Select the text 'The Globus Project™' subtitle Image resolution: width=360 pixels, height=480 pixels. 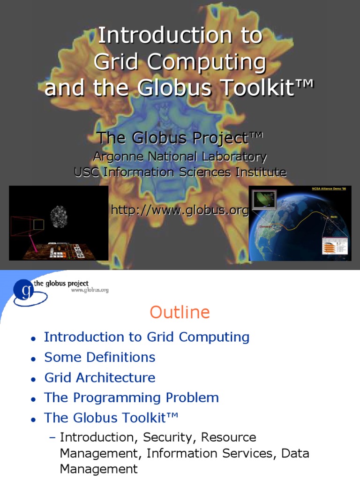coord(180,138)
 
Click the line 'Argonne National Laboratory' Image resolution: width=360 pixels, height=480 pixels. coord(180,157)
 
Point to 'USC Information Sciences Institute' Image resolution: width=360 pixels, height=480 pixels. coord(180,172)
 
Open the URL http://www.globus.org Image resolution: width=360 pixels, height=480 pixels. coord(180,210)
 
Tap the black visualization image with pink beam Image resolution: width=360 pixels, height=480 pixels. coord(59,223)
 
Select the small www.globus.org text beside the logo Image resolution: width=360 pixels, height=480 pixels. coord(90,290)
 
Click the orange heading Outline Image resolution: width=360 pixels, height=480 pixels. coord(180,312)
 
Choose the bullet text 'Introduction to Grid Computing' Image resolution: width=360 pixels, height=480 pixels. coord(147,337)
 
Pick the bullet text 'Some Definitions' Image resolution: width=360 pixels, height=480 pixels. coord(100,357)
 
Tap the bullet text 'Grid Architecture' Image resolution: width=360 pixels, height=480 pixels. coord(100,377)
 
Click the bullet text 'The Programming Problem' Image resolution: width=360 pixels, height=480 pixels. coord(132,398)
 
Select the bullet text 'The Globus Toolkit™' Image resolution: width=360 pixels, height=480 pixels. coord(112,418)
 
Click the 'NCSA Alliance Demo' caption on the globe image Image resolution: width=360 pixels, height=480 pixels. coord(328,189)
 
